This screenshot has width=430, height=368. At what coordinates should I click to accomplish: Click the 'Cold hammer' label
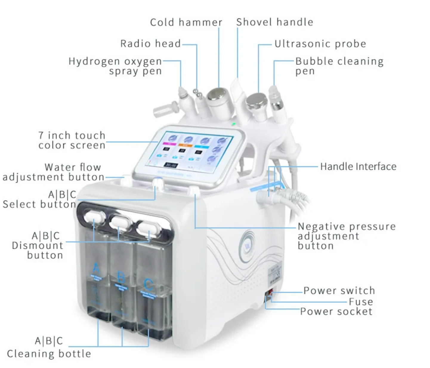pyautogui.click(x=186, y=22)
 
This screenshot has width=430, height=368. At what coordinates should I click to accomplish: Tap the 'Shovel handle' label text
pyautogui.click(x=275, y=22)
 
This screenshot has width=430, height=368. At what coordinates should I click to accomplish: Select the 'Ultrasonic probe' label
pyautogui.click(x=320, y=44)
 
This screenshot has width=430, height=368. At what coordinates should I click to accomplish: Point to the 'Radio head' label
pyautogui.click(x=150, y=44)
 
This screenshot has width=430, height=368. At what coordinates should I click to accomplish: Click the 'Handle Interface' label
pyautogui.click(x=358, y=167)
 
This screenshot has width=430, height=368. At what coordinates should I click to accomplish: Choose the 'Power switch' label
pyautogui.click(x=339, y=290)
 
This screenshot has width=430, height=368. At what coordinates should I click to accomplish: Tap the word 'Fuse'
pyautogui.click(x=361, y=302)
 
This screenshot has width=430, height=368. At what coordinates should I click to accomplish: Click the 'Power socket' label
pyautogui.click(x=336, y=312)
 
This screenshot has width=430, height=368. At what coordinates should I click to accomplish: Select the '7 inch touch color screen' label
pyautogui.click(x=72, y=140)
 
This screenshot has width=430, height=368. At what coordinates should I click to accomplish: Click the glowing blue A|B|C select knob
pyautogui.click(x=157, y=181)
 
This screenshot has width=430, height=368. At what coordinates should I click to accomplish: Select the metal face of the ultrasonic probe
pyautogui.click(x=255, y=101)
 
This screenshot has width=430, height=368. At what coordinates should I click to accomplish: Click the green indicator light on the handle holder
pyautogui.click(x=234, y=124)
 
